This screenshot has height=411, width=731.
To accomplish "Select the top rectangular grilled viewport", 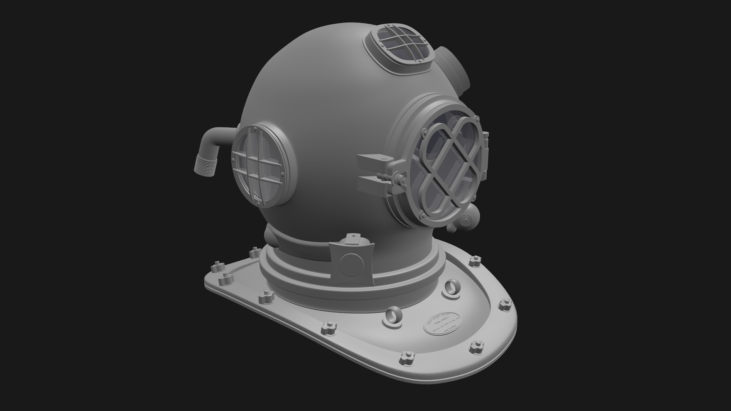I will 401,45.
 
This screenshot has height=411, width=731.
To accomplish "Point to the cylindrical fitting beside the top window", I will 453,72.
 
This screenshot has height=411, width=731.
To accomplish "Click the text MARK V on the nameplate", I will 441,320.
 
